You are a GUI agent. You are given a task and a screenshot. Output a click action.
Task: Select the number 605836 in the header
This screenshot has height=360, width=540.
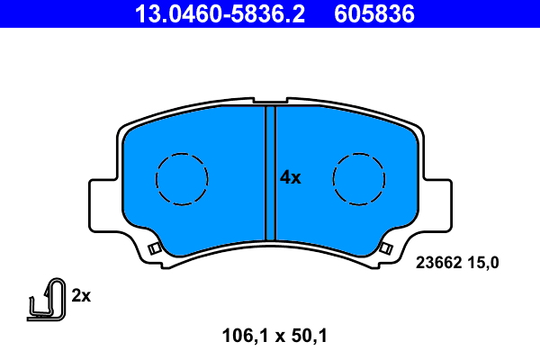pyautogui.click(x=376, y=13)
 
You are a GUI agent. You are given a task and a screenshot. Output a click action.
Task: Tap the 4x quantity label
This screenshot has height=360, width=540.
pyautogui.click(x=290, y=178)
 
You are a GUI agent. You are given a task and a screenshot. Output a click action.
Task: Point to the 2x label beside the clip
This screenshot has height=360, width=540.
pyautogui.click(x=82, y=295)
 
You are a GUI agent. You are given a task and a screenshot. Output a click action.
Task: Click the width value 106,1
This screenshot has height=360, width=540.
pyautogui.click(x=246, y=337)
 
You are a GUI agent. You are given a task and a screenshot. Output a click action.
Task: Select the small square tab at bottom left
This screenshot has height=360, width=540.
pyautogui.click(x=154, y=248)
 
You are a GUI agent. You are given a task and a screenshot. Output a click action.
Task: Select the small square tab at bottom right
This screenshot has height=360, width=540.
pyautogui.click(x=386, y=248)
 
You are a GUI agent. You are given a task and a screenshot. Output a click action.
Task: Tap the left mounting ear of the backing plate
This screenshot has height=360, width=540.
pyautogui.click(x=103, y=205)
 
